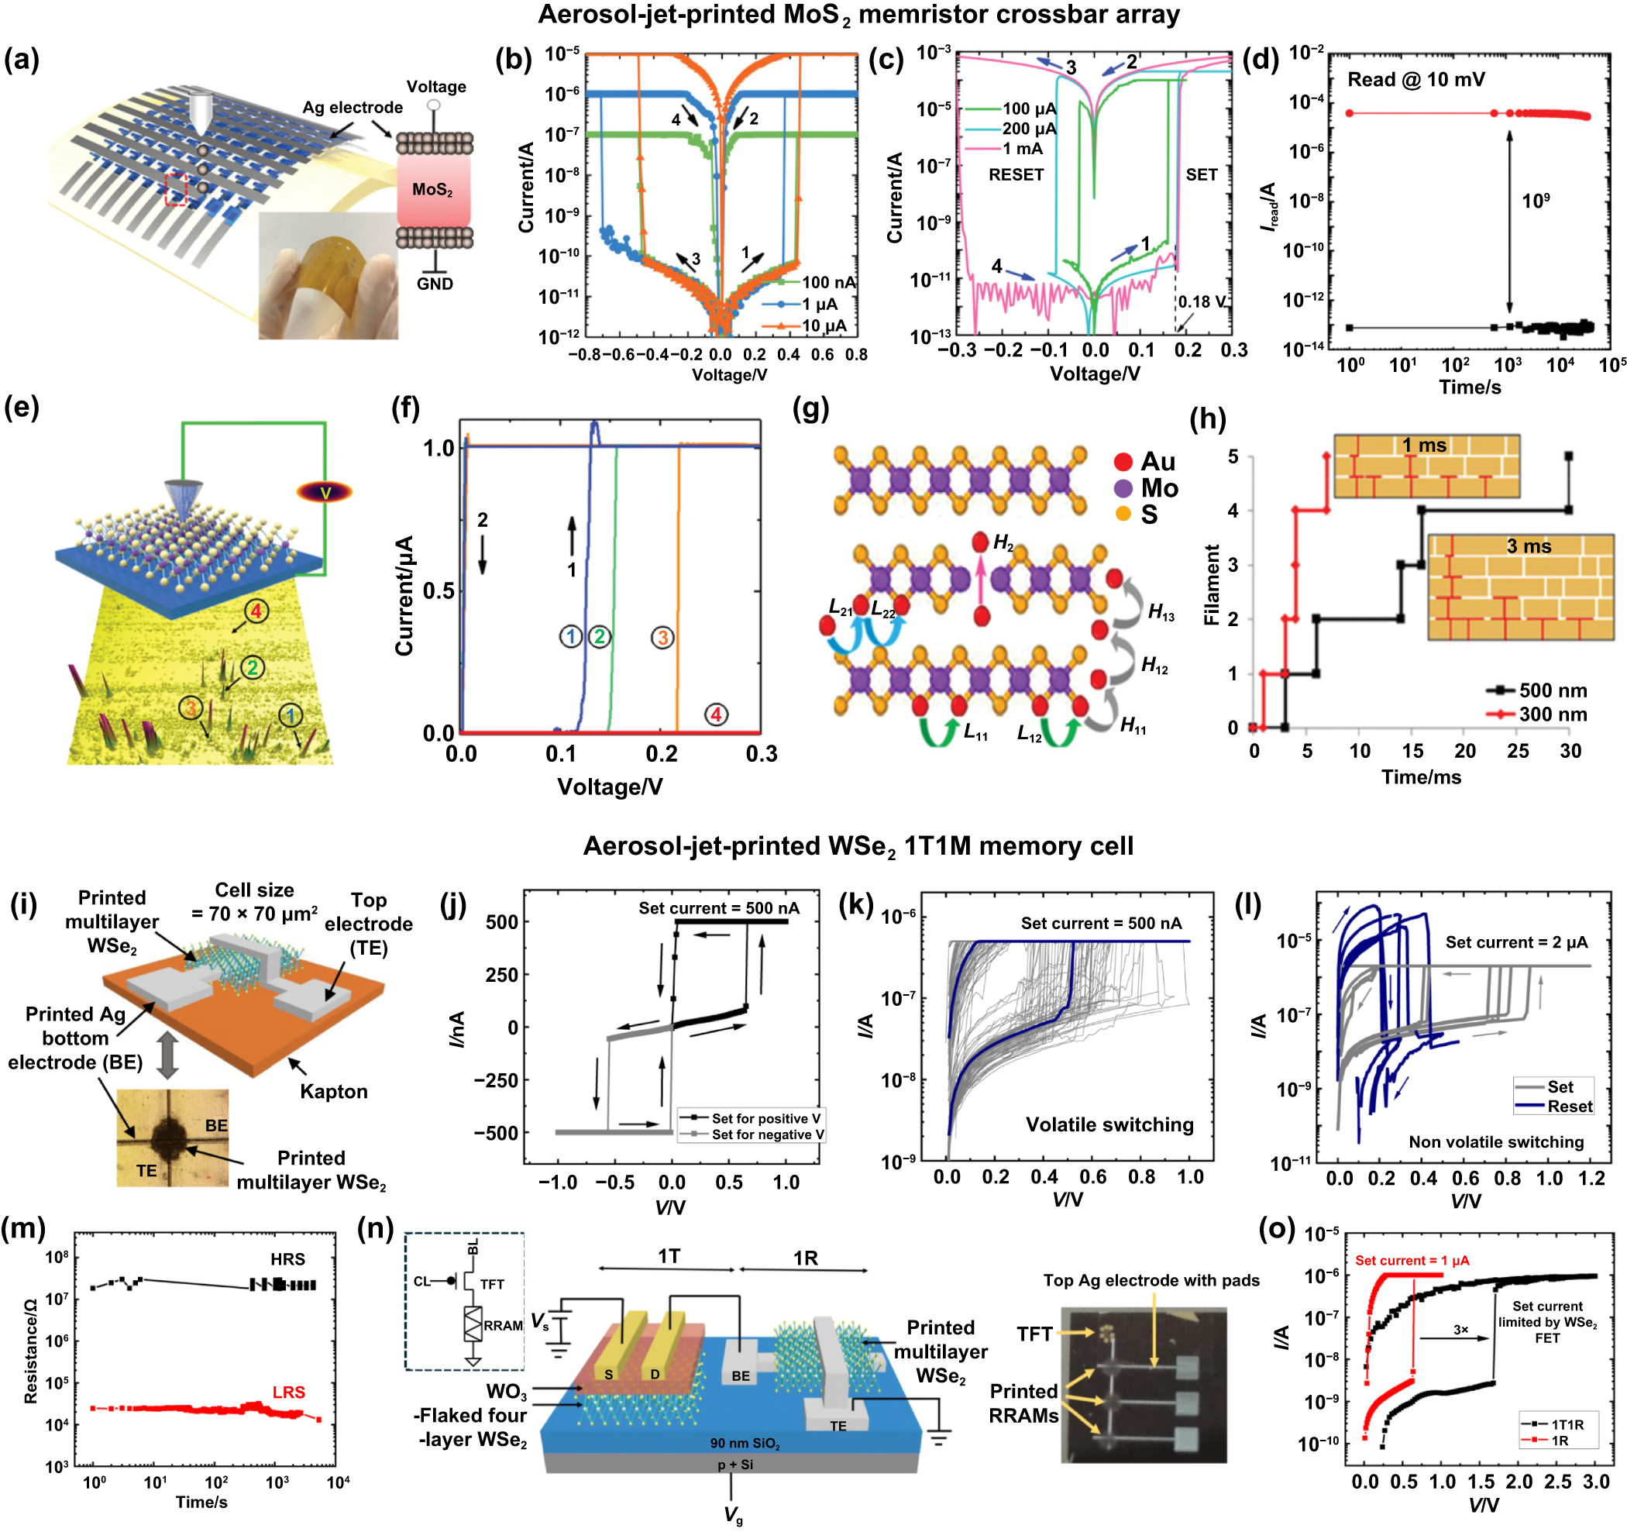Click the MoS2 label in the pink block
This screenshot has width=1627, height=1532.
(432, 190)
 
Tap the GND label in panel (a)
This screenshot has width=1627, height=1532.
(435, 284)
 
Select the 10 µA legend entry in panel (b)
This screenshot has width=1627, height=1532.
(824, 325)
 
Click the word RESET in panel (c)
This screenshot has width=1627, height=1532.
(1016, 174)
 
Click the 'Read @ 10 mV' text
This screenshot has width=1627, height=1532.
(1415, 79)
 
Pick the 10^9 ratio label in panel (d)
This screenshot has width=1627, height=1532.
(1536, 201)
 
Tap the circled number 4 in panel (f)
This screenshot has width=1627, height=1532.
(716, 714)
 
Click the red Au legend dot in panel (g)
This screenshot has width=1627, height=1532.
(1123, 463)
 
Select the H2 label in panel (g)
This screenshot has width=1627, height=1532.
(1003, 542)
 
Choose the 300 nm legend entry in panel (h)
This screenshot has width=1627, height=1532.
(1553, 714)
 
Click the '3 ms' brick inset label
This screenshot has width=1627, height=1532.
(1528, 546)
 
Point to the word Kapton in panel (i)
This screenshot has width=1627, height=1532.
(333, 1091)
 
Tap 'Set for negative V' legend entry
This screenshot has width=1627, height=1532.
(767, 1134)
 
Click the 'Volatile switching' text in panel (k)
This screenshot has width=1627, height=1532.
(1109, 1124)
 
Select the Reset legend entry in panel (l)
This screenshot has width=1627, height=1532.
(1569, 1107)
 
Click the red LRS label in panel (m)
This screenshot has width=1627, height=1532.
(288, 1392)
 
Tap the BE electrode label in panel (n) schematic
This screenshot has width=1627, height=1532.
(741, 1375)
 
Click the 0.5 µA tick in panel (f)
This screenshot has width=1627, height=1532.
(439, 590)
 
